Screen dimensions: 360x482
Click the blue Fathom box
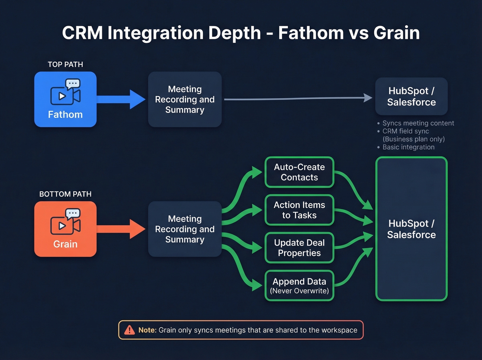[x=65, y=99]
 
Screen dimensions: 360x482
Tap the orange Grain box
[x=65, y=229]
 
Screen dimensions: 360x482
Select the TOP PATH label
[x=65, y=64]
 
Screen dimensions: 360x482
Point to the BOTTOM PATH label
[x=65, y=194]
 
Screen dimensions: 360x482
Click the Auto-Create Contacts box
[x=299, y=172]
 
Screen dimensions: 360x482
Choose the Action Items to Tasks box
[x=299, y=210]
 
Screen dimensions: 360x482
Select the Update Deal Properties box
[x=299, y=248]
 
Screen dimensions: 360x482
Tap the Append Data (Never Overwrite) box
[x=299, y=286]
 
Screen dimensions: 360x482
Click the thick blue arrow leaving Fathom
[x=120, y=99]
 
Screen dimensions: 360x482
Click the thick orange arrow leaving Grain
[x=120, y=229]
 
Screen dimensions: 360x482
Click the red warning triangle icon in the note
[x=129, y=330]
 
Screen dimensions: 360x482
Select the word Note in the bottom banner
[x=147, y=330]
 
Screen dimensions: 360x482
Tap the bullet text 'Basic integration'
[x=408, y=147]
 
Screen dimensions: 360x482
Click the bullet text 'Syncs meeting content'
[x=418, y=123]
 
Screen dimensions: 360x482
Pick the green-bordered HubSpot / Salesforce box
[x=411, y=229]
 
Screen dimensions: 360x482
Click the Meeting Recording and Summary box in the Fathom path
[x=185, y=99]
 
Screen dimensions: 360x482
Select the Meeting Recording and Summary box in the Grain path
[x=185, y=229]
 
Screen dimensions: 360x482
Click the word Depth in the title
[x=234, y=33]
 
